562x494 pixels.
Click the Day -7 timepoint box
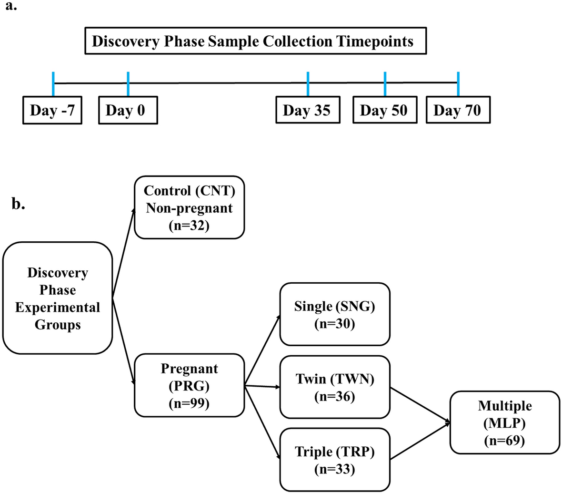click(52, 111)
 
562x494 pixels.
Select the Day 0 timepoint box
click(127, 111)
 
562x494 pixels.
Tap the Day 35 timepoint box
click(308, 111)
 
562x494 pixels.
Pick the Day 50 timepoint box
click(384, 111)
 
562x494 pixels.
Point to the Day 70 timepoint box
click(458, 111)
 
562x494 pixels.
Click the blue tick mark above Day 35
click(308, 84)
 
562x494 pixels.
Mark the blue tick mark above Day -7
click(53, 84)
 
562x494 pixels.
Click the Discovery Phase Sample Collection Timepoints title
click(252, 41)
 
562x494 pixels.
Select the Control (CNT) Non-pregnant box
click(189, 207)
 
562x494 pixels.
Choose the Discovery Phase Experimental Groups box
click(58, 298)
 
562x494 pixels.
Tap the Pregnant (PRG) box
click(189, 385)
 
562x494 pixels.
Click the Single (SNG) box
click(334, 314)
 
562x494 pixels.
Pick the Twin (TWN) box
click(334, 387)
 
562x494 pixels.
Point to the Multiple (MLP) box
click(504, 422)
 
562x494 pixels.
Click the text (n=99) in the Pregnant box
click(189, 403)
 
